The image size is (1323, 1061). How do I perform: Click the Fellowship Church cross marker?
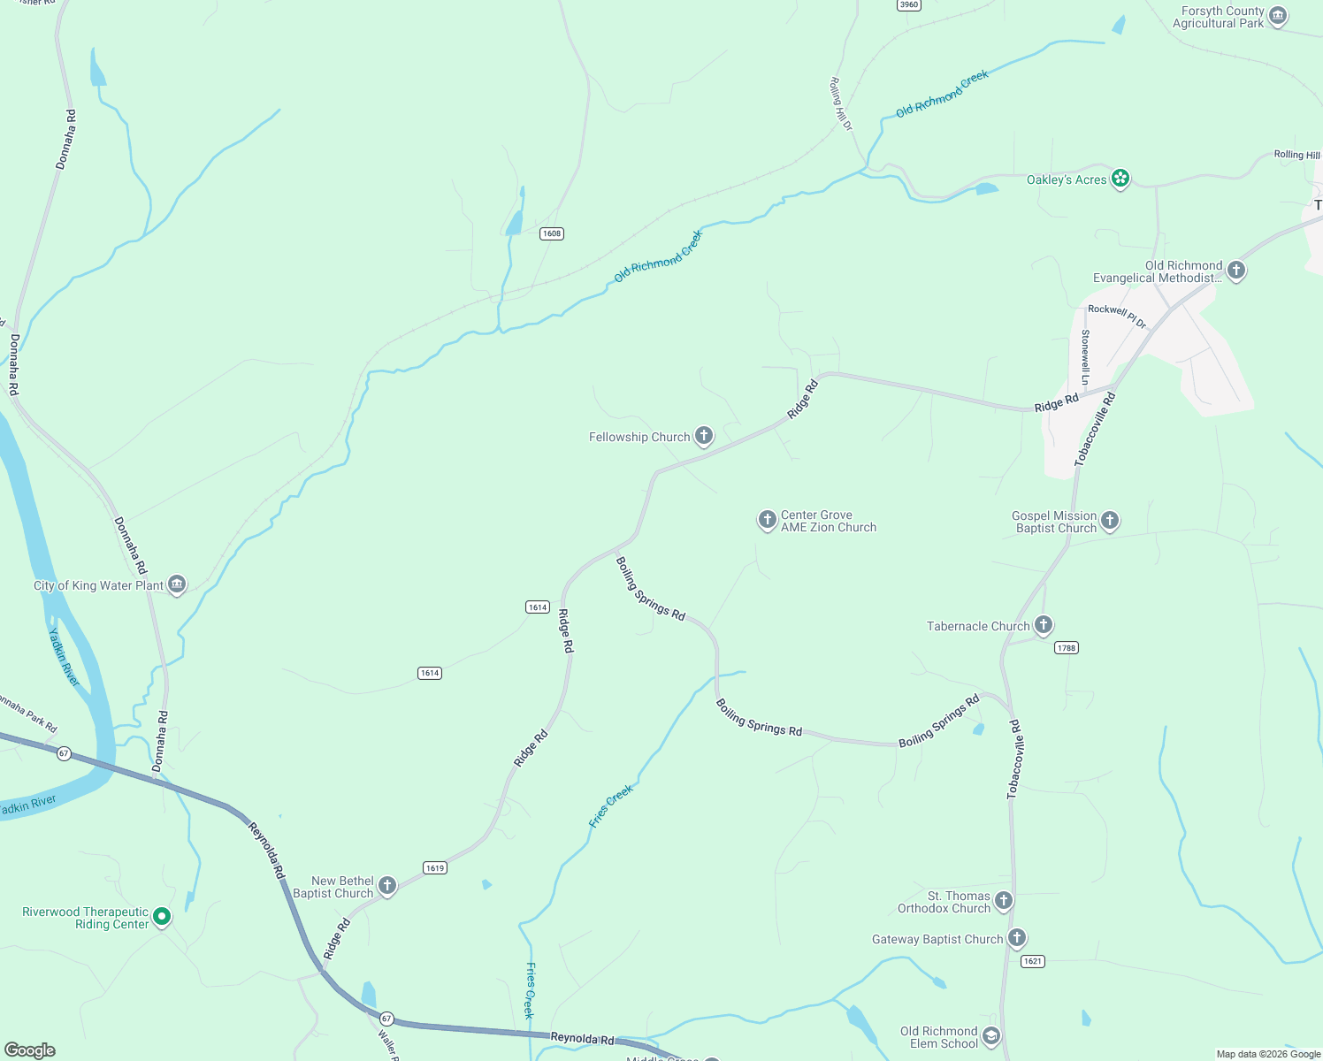(704, 435)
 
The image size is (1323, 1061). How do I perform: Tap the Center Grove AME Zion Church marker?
(767, 519)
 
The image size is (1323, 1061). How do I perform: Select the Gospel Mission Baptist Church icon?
(1110, 521)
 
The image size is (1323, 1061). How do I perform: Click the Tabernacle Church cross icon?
(1044, 625)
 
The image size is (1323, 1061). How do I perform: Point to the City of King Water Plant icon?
(177, 584)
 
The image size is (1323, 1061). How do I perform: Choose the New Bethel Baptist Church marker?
(386, 885)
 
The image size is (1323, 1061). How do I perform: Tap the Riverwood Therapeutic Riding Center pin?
(162, 917)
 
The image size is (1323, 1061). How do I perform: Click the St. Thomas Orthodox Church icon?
(1003, 901)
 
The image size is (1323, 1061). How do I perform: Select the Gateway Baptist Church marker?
(1017, 938)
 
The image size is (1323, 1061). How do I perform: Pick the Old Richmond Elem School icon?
(991, 1036)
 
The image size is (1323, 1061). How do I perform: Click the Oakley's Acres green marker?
(1120, 179)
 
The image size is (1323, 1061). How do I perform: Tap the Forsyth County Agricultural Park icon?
(1277, 16)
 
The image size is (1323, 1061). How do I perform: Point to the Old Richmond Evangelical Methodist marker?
(1236, 270)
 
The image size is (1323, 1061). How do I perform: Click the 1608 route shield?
(552, 233)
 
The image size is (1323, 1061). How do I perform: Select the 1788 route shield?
(1067, 648)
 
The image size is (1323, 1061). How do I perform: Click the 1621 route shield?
(1032, 961)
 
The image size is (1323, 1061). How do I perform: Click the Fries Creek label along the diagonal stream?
(611, 805)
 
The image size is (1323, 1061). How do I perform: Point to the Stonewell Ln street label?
(1085, 356)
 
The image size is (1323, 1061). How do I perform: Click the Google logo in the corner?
(30, 1050)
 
